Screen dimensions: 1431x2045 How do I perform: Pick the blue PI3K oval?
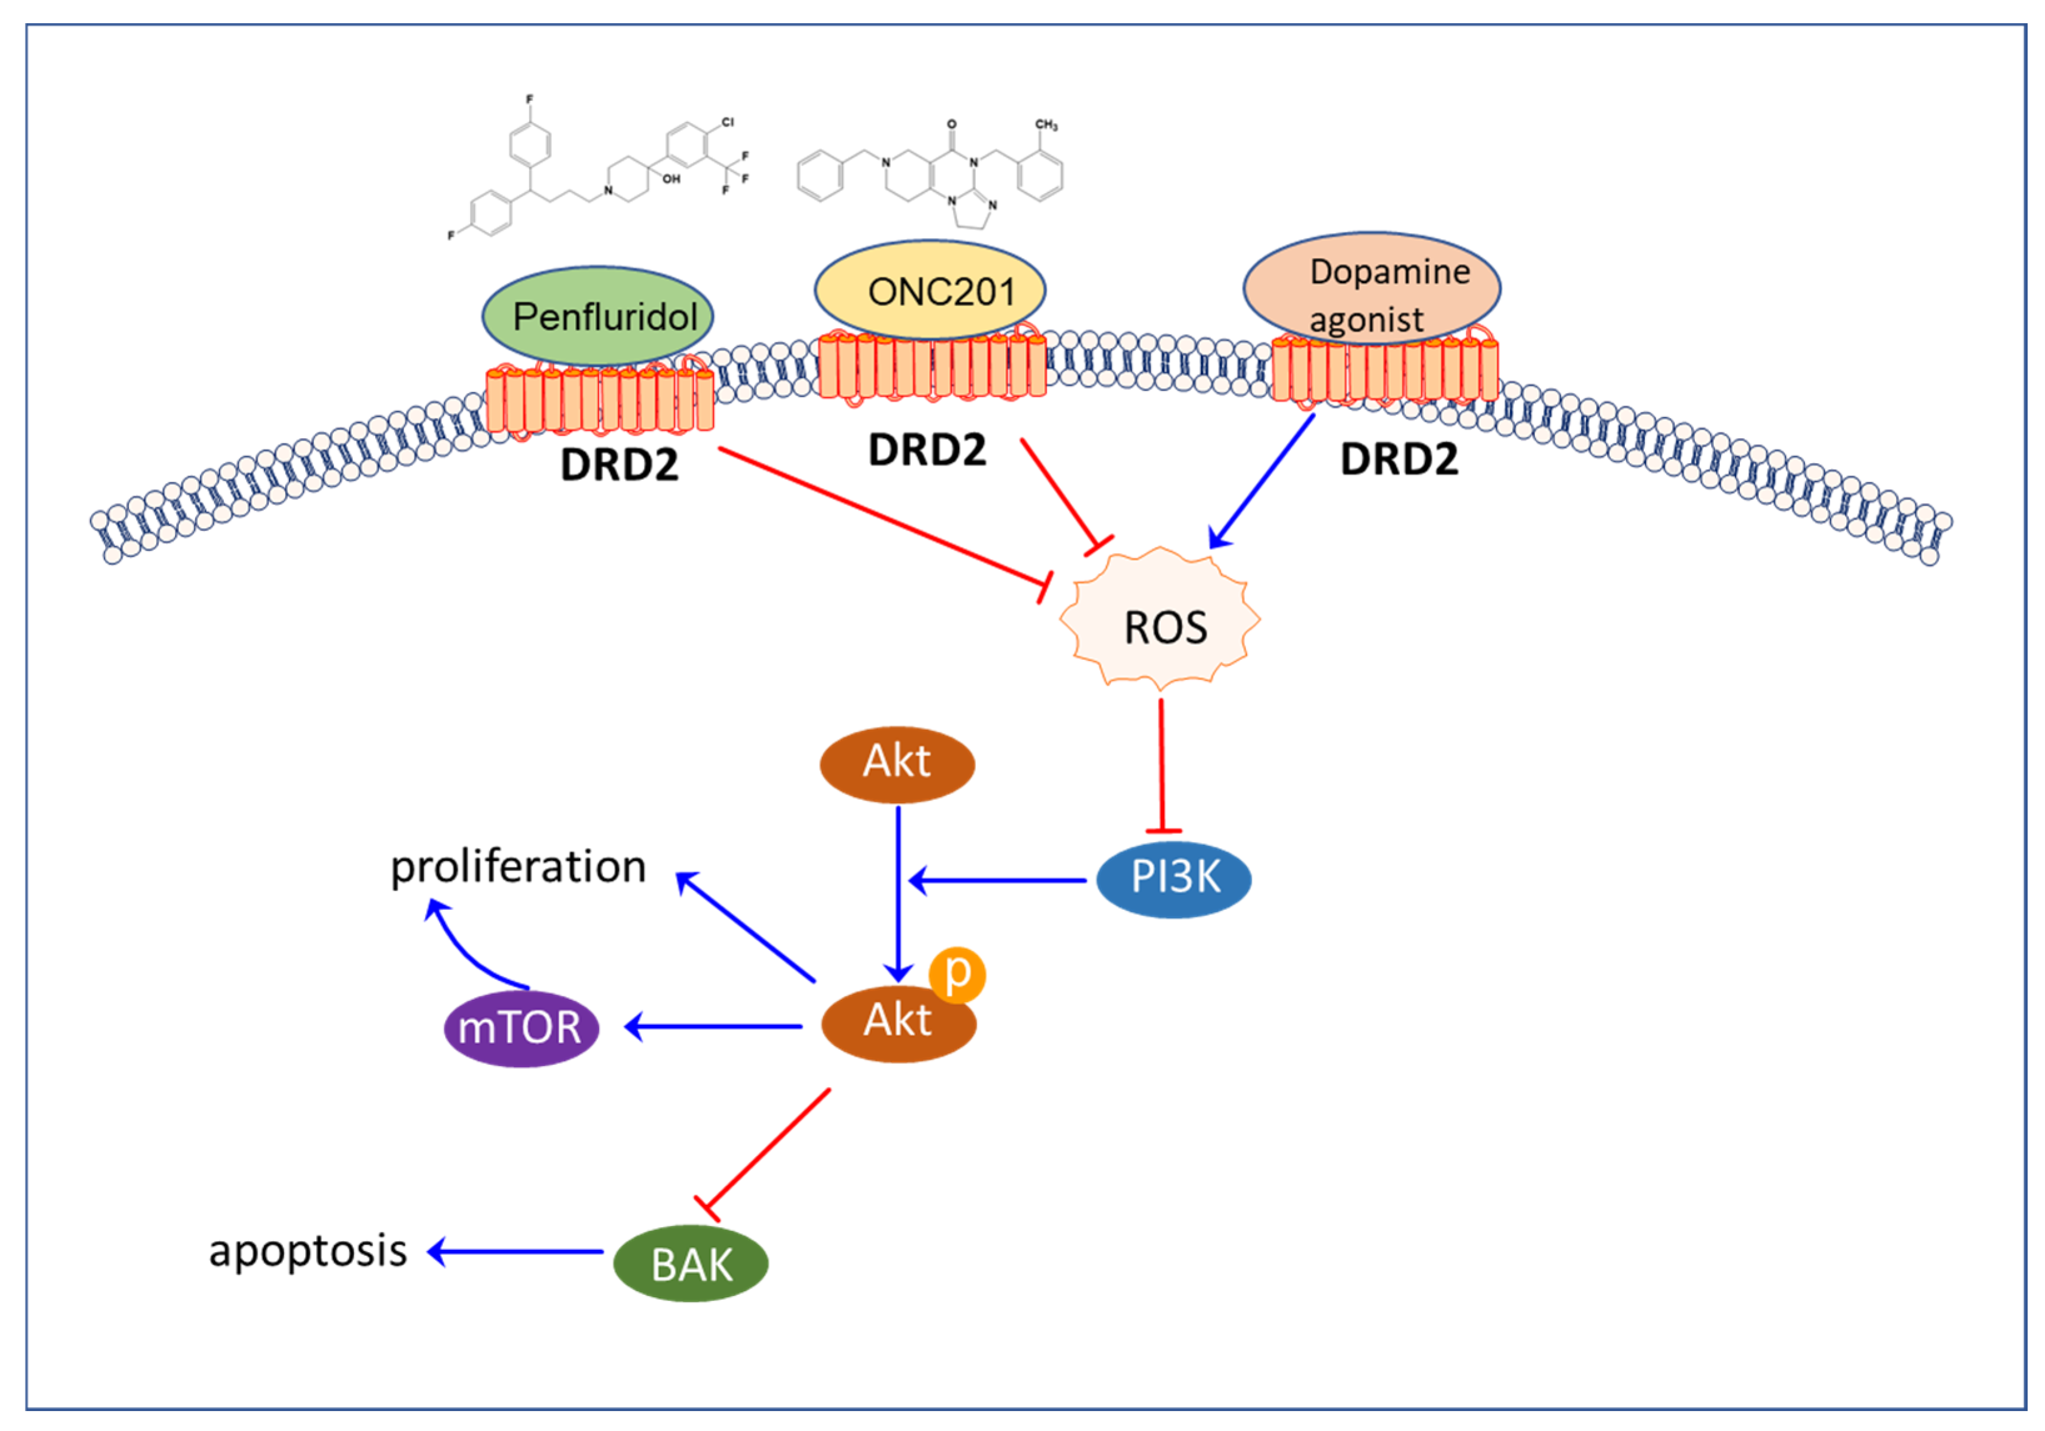pos(1173,878)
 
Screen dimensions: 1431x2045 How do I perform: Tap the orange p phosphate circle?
pos(957,974)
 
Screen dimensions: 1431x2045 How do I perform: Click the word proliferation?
pos(518,867)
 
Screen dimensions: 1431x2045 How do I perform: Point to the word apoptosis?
pos(308,1250)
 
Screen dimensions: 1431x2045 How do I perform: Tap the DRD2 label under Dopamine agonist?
pos(1399,459)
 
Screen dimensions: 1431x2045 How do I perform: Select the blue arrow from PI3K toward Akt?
pos(998,880)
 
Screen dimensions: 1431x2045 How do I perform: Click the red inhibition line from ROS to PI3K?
pos(1162,766)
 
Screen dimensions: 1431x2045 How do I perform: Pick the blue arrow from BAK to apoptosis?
pos(516,1251)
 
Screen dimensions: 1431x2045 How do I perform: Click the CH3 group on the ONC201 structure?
pos(1046,125)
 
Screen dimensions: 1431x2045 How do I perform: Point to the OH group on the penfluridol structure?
pos(671,179)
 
